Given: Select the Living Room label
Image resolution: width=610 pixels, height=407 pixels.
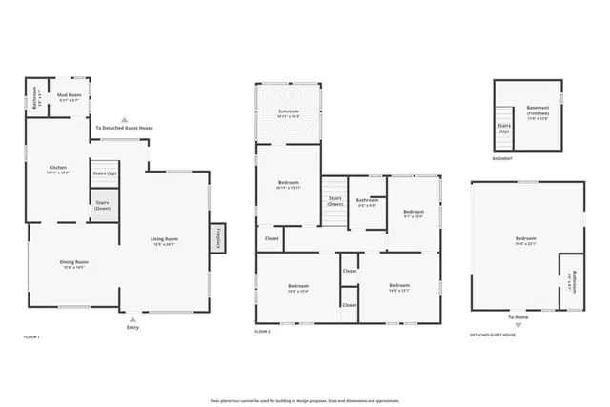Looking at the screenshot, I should pos(165,242).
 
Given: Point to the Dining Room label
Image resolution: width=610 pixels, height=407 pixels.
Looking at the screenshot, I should pos(73,264).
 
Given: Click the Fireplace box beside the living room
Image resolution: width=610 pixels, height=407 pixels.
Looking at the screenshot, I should pos(217,238).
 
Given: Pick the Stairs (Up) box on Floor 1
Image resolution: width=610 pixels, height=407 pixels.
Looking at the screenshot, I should pos(105,173).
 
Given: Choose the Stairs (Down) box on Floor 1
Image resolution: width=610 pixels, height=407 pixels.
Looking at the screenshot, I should pos(103,206).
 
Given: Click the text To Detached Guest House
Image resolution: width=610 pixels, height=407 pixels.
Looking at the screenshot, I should pos(124,128).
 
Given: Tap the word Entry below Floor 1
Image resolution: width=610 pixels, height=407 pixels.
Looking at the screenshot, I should pos(132,327).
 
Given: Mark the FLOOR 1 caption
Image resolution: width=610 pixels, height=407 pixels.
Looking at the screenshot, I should pos(31,337).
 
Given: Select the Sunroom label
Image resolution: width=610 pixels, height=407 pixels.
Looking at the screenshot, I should pos(289,113).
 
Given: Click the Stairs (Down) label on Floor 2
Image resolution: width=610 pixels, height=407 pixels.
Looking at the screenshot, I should pos(335,201).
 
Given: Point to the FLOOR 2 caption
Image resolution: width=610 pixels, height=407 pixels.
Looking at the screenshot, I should pos(263,331).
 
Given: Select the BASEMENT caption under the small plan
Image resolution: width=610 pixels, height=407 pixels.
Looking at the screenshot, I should pos(501,160).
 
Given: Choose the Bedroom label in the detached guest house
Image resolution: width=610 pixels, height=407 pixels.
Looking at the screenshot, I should pos(526,240).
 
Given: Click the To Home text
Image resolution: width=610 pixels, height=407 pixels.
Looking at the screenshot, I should pos(518,316).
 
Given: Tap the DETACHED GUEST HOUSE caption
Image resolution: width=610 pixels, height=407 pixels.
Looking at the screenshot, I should pos(494,335).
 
